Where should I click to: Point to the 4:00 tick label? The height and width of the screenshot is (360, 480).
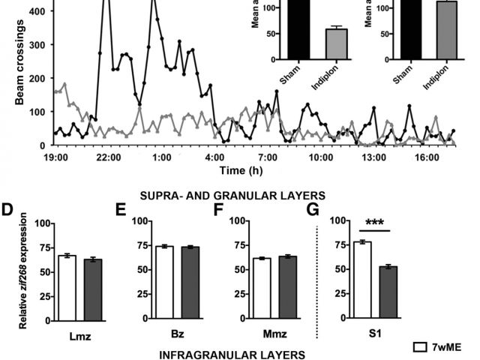pos(214,157)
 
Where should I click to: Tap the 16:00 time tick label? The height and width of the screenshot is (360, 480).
pos(426,157)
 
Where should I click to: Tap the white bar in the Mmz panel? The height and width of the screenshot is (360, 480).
pos(262,289)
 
